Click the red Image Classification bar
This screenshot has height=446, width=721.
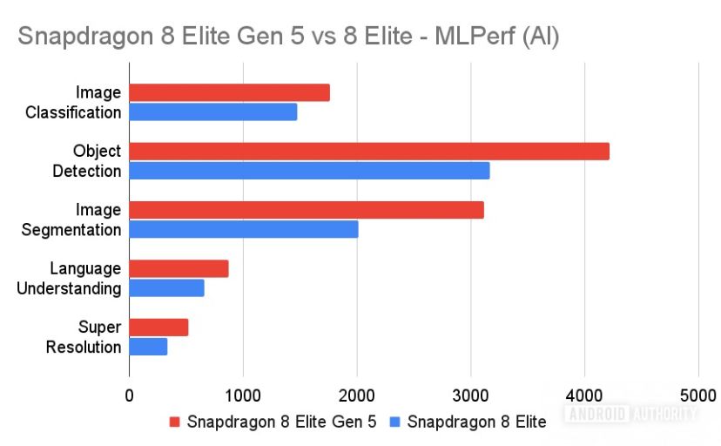click(230, 92)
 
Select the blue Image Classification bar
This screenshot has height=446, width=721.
click(213, 112)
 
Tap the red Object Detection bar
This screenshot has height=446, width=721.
click(369, 152)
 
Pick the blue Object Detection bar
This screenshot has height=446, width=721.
click(310, 171)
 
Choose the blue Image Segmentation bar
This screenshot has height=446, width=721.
click(244, 230)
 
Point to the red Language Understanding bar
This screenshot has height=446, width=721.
click(179, 269)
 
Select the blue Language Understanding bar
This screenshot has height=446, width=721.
click(167, 288)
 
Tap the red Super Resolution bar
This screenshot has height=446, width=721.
click(159, 328)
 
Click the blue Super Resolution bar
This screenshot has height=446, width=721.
click(149, 347)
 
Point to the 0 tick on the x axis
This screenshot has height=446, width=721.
click(130, 395)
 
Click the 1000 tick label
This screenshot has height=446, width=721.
click(243, 395)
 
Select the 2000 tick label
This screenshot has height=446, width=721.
click(357, 395)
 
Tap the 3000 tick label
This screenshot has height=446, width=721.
click(470, 395)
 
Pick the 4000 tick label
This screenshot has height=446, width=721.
click(584, 395)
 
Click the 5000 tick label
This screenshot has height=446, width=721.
click(697, 395)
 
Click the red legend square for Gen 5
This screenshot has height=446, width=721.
click(173, 422)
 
